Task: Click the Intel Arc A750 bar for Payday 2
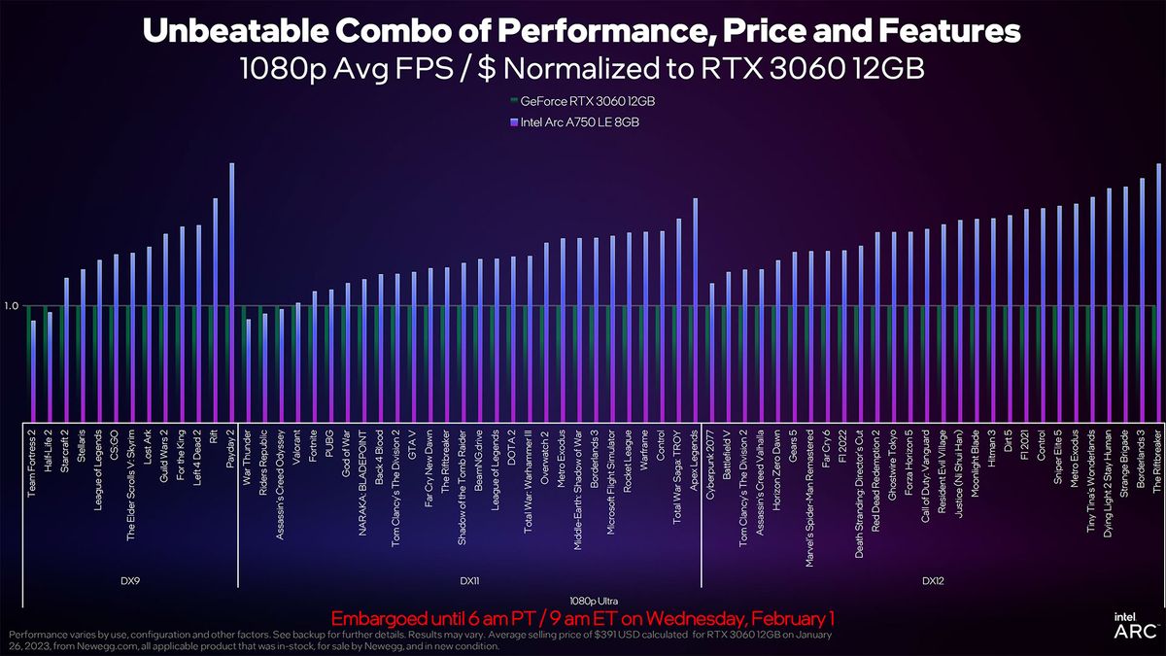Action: coord(231,292)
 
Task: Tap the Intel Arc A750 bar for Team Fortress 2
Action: coord(33,369)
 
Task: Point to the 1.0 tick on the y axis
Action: coord(12,306)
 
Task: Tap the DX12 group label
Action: coord(934,580)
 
